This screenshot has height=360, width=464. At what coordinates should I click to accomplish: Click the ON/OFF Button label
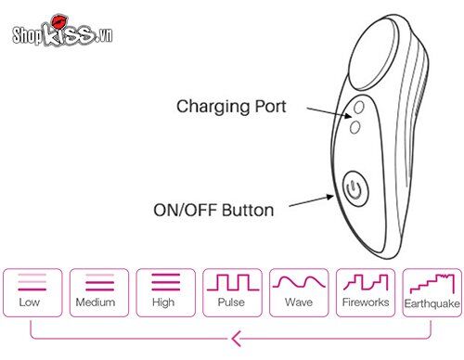tap(213, 210)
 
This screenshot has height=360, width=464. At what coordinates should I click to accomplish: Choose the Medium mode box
tap(96, 290)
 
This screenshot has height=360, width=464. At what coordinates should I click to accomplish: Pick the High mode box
tap(162, 290)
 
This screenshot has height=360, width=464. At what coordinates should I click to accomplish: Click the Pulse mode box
tap(230, 290)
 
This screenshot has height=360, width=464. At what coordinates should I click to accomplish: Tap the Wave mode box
tap(297, 290)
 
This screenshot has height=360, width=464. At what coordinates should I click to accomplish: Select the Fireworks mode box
tap(364, 290)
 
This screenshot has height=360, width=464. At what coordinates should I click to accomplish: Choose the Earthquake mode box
tap(431, 290)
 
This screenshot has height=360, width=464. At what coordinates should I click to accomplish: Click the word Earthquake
tap(431, 303)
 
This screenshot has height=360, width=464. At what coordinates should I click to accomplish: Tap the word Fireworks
tap(364, 302)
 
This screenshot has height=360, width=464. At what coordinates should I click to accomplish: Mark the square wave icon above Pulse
tap(230, 281)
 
